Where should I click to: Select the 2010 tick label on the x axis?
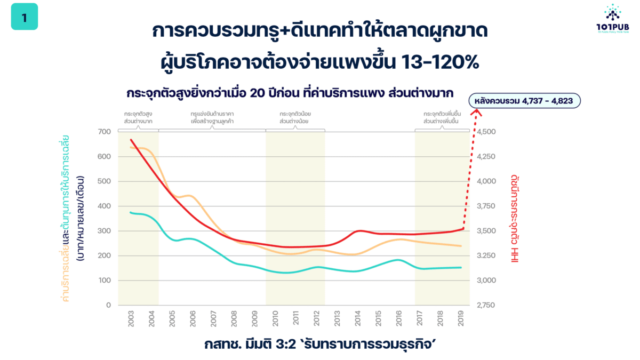[x=275, y=320]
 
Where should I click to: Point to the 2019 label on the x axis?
[x=460, y=320]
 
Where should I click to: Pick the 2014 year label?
[x=357, y=320]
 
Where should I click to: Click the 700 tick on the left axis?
[x=104, y=132]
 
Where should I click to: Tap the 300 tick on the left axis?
[x=104, y=231]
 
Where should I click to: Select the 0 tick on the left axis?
[x=108, y=305]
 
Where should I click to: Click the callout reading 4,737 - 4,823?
[x=524, y=101]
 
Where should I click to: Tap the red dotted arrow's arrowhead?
[x=477, y=112]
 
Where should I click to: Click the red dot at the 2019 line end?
[x=463, y=229]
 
